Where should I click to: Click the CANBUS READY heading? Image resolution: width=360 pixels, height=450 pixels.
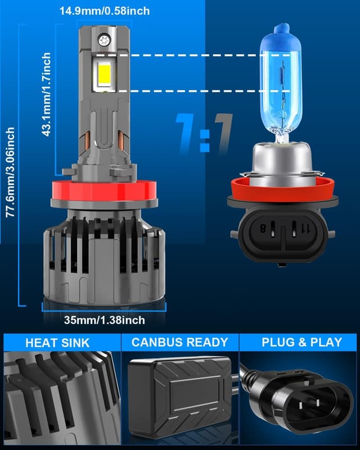tap(179, 342)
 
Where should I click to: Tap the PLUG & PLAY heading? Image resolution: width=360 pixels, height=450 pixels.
tap(301, 342)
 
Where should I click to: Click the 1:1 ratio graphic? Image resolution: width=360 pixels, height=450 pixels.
tap(204, 133)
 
